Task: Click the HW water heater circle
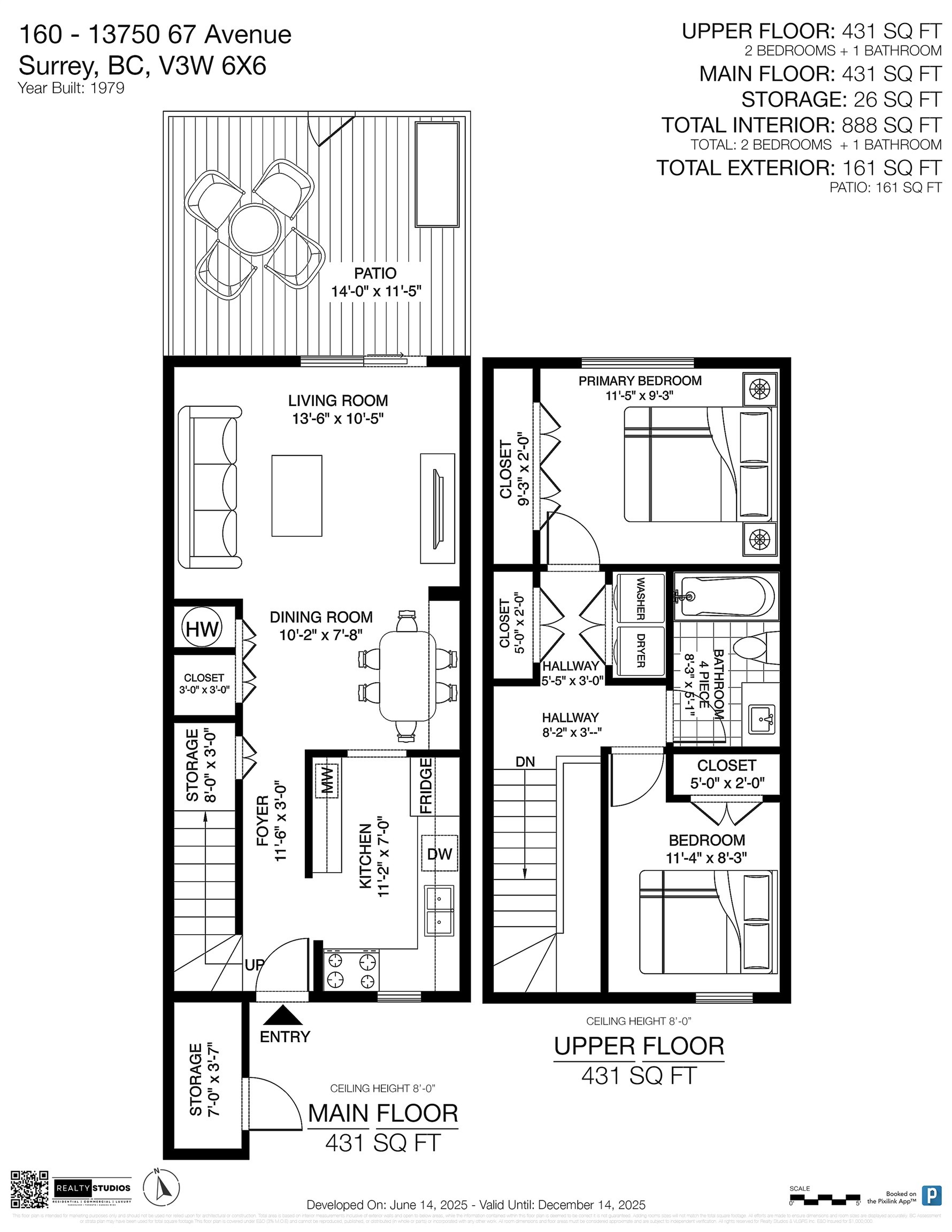tap(202, 628)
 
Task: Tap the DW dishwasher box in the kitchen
tap(439, 853)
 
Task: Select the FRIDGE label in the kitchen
tap(426, 786)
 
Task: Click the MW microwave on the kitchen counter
tap(328, 781)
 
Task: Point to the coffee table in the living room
tap(297, 496)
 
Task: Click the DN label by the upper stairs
tap(525, 761)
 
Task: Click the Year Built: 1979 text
tap(71, 88)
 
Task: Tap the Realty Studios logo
tap(93, 1189)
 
